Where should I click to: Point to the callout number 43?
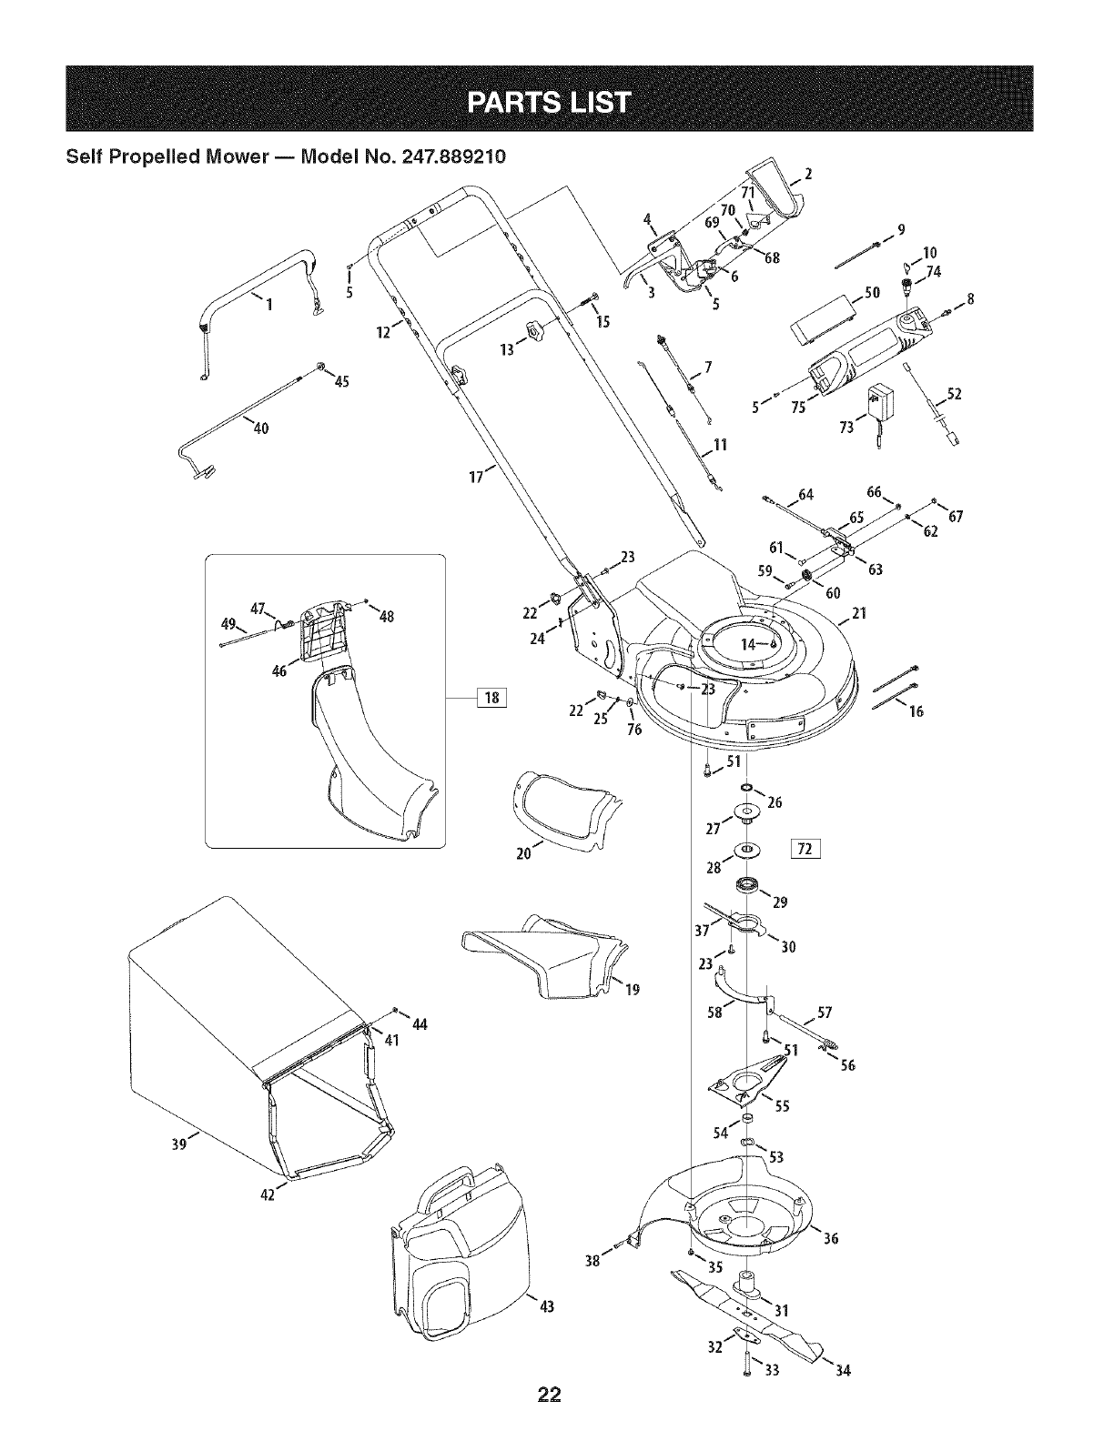point(546,1307)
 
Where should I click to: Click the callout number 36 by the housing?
point(829,1238)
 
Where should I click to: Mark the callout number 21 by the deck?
point(856,613)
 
